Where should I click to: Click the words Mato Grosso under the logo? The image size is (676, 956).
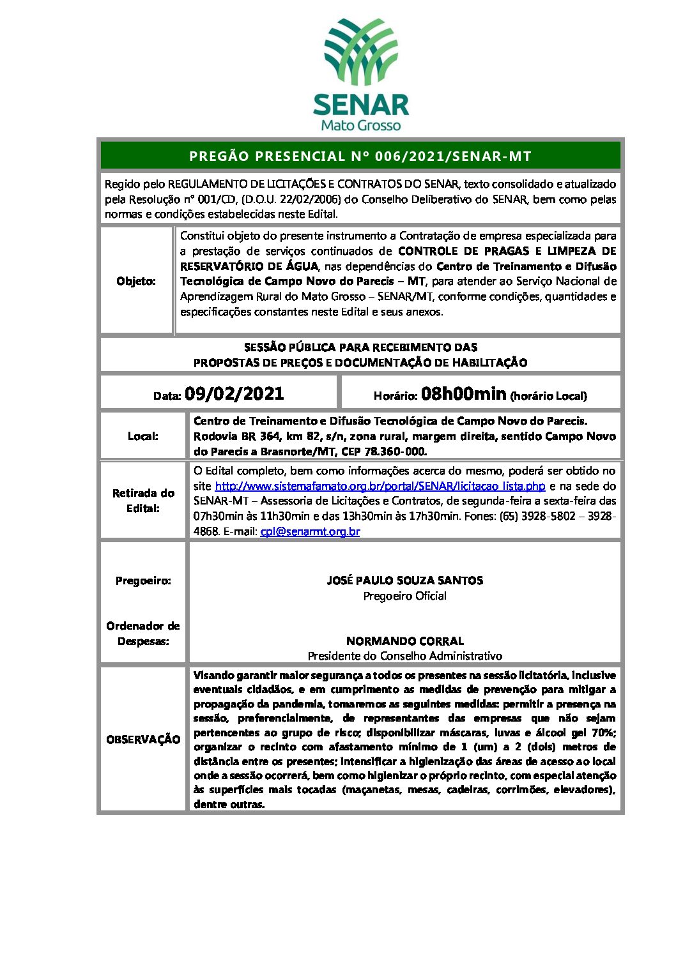(x=360, y=125)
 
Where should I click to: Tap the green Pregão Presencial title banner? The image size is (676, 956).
(x=360, y=156)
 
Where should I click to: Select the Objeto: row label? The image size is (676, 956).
(x=136, y=281)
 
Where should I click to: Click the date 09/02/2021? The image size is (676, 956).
(x=234, y=393)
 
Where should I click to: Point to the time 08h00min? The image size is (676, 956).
(x=463, y=393)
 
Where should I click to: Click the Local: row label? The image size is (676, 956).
(x=142, y=436)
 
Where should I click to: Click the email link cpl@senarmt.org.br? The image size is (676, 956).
(x=310, y=531)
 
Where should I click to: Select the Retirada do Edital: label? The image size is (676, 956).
(x=143, y=501)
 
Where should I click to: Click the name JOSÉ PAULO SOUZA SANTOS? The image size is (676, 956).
(x=404, y=580)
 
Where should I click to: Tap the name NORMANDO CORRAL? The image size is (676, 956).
(x=404, y=641)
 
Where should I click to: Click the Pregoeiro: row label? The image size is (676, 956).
(x=143, y=580)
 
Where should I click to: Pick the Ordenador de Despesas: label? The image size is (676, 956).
(x=143, y=634)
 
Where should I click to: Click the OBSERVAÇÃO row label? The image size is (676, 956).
(x=143, y=740)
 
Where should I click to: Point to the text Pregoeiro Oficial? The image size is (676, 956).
(x=404, y=596)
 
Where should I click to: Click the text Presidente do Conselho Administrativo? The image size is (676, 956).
(x=404, y=656)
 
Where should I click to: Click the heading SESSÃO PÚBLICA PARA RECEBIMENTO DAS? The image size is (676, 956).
(x=360, y=347)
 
